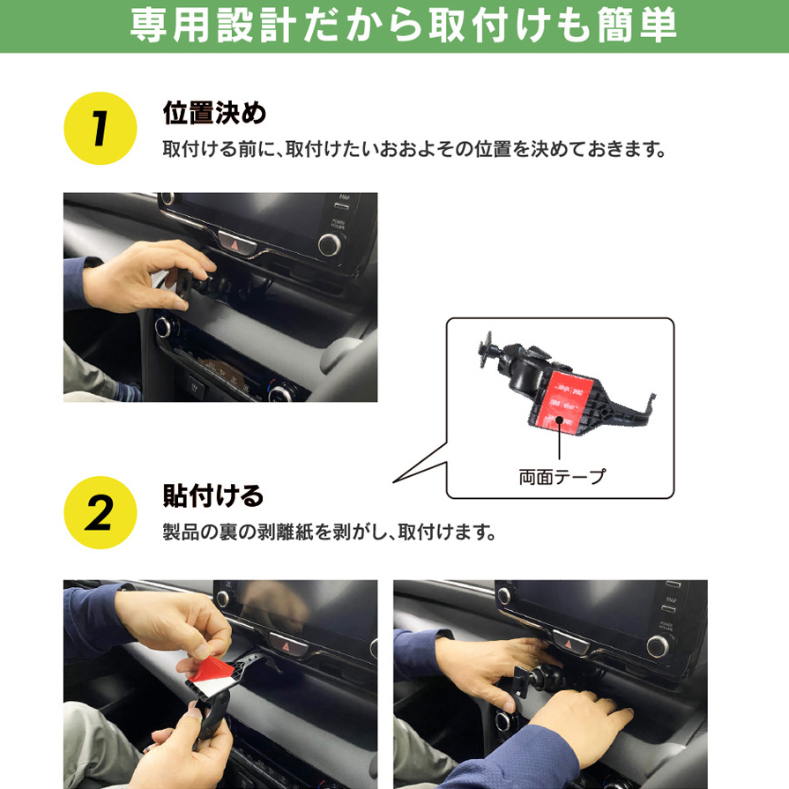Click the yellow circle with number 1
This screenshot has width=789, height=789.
100,129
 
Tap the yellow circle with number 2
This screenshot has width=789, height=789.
100,512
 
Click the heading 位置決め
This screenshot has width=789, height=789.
214,112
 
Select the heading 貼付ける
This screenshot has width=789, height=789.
213,495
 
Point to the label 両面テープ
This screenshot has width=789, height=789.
562,477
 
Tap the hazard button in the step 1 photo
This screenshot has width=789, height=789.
237,243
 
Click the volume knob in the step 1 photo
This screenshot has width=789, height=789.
330,244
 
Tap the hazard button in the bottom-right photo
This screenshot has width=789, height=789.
569,644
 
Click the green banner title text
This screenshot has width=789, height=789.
403,26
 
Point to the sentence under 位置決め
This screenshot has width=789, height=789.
414,150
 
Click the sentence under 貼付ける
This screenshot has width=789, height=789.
330,532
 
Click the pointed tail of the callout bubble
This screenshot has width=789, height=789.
394,482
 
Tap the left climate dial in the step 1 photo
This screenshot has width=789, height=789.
164,327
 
